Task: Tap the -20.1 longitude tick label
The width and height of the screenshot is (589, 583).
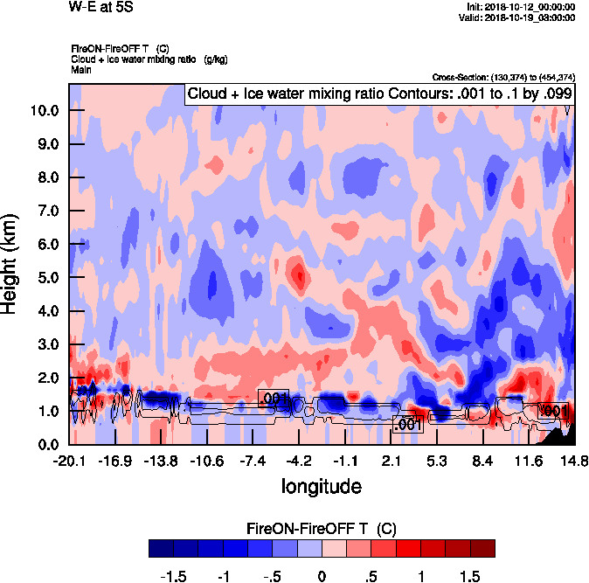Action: (x=69, y=461)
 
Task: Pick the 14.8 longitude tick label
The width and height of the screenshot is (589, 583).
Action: (x=573, y=461)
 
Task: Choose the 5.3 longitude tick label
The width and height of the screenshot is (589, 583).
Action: (x=437, y=461)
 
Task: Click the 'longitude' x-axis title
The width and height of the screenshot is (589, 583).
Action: (x=321, y=485)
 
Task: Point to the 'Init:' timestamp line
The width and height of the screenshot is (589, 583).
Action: (x=521, y=6)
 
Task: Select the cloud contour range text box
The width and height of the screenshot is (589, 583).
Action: (x=379, y=94)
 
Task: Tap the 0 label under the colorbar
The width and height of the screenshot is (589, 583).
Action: (x=322, y=576)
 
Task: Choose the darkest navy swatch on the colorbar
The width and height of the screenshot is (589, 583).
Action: (x=161, y=549)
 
